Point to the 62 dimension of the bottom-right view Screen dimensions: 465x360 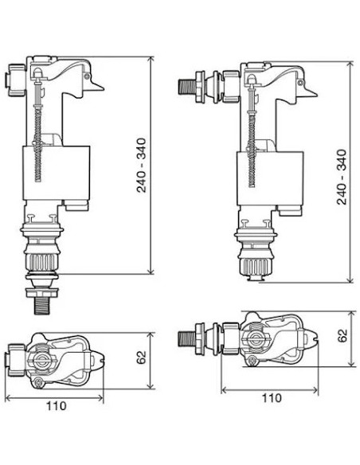[x=343, y=335]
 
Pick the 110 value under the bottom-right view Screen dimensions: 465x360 [x=272, y=397]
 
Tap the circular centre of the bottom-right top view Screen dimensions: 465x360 [x=256, y=338]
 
